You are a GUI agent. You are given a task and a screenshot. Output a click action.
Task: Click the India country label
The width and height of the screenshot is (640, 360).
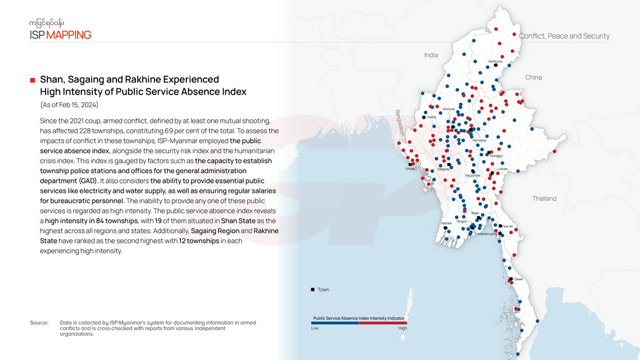tap(431, 55)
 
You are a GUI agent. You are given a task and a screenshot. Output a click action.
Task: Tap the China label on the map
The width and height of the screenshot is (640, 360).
tap(533, 77)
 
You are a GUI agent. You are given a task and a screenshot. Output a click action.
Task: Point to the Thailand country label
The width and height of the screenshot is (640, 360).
tap(544, 198)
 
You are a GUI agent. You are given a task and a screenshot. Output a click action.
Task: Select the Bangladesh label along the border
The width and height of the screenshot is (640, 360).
tap(398, 122)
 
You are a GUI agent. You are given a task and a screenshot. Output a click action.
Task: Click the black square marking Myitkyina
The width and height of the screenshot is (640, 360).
tap(495, 66)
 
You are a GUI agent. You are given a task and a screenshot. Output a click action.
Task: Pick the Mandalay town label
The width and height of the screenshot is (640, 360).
tap(480, 140)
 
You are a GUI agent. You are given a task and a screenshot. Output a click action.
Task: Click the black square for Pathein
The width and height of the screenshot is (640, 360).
tap(446, 228)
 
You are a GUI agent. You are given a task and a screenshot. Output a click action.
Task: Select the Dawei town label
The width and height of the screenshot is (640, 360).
tap(518, 279)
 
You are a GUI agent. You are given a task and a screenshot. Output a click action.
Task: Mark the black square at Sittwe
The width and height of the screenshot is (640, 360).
tap(411, 164)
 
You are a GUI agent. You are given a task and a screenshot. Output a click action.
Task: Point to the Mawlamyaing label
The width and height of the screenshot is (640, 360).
tap(487, 234)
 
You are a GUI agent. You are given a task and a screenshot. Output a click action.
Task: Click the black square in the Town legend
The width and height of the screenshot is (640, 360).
tap(313, 289)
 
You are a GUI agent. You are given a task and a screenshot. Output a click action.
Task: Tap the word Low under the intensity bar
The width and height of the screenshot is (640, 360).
tap(315, 328)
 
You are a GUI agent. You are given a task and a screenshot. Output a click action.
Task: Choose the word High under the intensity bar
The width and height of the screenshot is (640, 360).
tap(402, 328)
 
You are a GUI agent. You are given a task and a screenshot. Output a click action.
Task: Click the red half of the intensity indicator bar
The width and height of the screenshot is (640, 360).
tap(383, 323)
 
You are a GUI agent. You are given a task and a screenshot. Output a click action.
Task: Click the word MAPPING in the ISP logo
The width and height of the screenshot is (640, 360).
tap(69, 35)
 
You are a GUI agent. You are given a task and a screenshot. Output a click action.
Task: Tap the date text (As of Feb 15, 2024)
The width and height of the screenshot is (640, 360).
tap(69, 105)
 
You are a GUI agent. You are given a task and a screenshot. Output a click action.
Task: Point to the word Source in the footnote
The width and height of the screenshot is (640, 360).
tap(39, 322)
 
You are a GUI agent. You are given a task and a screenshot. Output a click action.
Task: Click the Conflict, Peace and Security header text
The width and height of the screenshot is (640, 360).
tap(564, 36)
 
